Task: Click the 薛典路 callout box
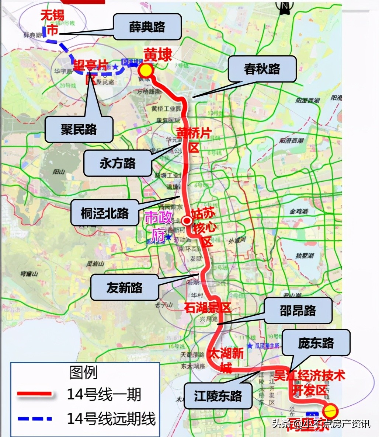click(147, 27)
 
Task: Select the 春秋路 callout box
click(262, 69)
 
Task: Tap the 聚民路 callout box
click(79, 129)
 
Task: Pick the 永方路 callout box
click(118, 163)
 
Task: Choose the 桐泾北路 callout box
click(105, 213)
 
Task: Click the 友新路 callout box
click(125, 287)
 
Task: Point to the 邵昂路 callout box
click(298, 311)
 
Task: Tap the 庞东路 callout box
click(316, 343)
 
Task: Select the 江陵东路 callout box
click(218, 396)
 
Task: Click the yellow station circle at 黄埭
click(146, 70)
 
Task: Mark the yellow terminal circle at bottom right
click(330, 410)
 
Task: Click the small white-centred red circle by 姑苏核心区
click(187, 221)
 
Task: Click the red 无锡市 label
click(52, 22)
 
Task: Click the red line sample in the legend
click(35, 394)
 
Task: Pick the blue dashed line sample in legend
click(35, 418)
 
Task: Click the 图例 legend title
click(83, 372)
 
